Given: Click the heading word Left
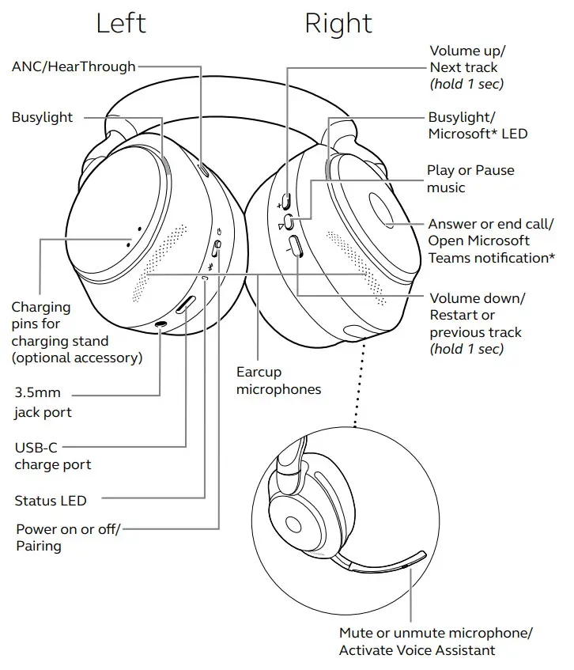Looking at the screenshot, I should point(121,23).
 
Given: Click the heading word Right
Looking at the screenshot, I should point(338,23).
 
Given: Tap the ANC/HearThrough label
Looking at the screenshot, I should point(74,67).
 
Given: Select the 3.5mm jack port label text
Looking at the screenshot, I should point(43,402).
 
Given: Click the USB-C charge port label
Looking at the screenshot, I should point(52,456).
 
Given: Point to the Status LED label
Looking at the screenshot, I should point(51,501).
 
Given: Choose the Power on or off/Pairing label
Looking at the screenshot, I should point(68,537).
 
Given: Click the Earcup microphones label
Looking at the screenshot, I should point(278,380).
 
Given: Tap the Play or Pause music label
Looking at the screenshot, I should point(470,179).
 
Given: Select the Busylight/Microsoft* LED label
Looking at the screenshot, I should point(478,125).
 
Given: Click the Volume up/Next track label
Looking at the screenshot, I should point(466,67).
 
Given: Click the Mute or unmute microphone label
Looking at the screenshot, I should point(436,641).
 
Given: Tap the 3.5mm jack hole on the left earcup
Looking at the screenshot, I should point(162,324).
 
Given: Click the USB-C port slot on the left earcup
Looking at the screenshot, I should point(185,305).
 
